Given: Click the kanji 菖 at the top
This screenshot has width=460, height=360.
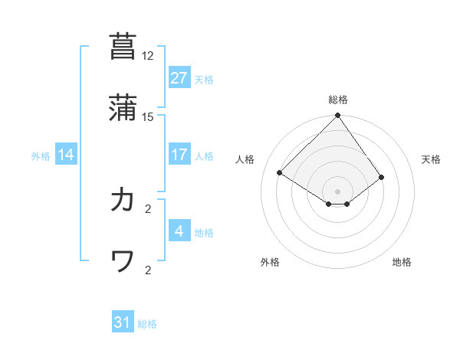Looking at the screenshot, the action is [x=123, y=47].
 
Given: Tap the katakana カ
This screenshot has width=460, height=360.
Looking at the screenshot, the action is [x=123, y=200].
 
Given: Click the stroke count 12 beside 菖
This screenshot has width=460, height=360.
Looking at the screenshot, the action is [x=148, y=56].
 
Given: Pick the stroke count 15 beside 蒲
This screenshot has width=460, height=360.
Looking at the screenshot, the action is [x=148, y=117].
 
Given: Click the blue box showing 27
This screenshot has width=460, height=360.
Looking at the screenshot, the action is [x=179, y=78].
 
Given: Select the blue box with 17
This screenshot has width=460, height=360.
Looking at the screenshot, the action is [x=179, y=155].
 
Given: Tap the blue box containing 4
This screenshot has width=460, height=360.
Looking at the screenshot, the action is [x=179, y=231].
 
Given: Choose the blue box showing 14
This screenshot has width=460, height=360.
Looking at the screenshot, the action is [x=66, y=155].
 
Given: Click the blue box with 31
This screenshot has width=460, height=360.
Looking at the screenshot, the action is [x=123, y=322].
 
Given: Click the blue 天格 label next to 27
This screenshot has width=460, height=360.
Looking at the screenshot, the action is [x=204, y=79].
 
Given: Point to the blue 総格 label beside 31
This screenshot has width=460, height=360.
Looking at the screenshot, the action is [x=147, y=324].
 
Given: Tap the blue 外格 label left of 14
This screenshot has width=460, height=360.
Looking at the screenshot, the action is [x=41, y=155].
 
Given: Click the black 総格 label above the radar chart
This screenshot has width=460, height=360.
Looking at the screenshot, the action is [x=338, y=100].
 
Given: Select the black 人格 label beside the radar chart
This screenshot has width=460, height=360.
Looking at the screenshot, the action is [x=246, y=159].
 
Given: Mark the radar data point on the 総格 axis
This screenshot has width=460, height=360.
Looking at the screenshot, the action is [x=338, y=116].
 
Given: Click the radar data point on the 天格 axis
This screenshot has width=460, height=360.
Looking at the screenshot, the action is [x=381, y=177].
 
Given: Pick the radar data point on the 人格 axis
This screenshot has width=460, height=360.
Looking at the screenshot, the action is [x=280, y=173].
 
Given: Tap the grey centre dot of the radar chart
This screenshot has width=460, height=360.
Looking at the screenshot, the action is [x=338, y=191].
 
